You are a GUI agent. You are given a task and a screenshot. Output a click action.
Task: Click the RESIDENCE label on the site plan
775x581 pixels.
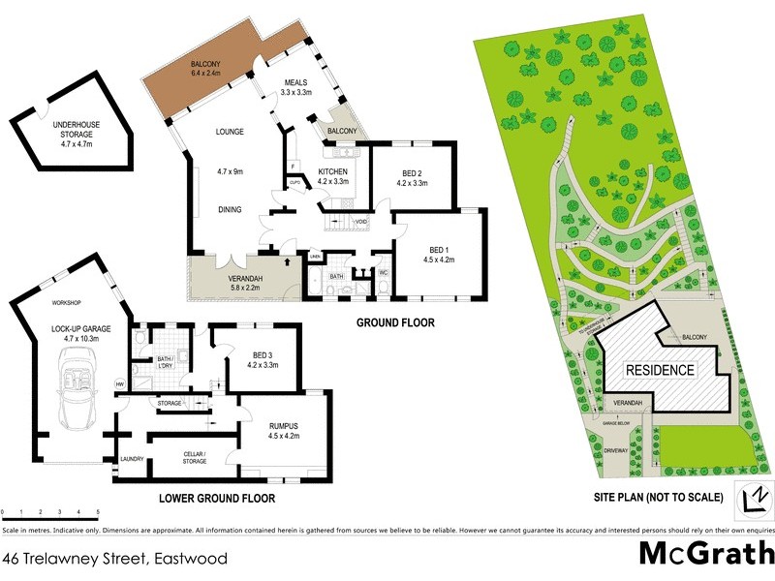[659, 370]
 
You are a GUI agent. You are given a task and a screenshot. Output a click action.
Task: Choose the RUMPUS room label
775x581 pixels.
[286, 429]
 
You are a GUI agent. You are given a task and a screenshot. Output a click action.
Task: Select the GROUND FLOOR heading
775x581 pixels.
[395, 322]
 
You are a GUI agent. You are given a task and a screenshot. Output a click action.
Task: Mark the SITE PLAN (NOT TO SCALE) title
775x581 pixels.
[659, 498]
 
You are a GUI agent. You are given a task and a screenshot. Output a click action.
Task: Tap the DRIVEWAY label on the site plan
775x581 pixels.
[618, 450]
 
